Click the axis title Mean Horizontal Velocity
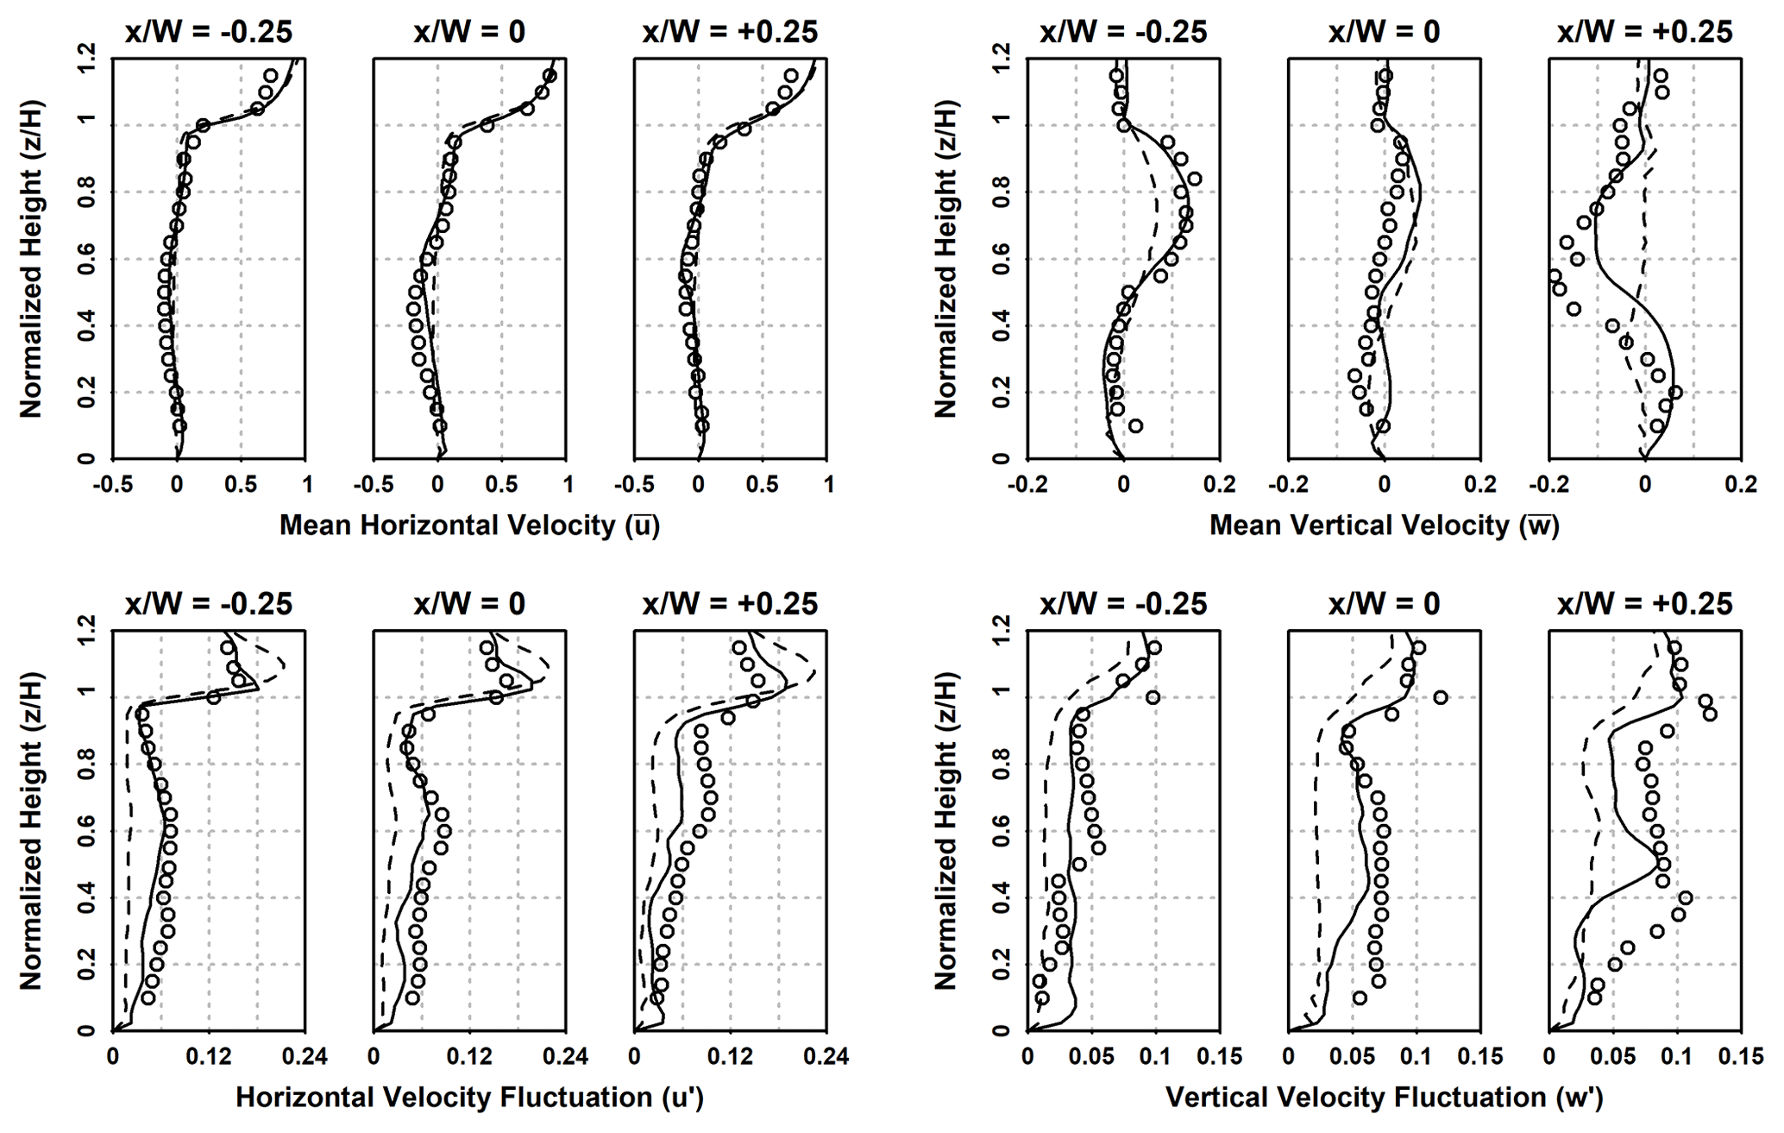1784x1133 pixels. point(469,526)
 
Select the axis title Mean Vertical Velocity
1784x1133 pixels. point(1384,526)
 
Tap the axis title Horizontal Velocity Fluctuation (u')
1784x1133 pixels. point(469,1098)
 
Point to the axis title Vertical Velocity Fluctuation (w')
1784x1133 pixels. point(1384,1098)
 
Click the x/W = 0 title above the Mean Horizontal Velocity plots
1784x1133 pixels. point(469,32)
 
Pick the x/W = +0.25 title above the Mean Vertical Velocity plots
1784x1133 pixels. point(1644,32)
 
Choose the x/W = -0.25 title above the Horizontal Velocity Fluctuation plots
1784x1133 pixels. point(209,604)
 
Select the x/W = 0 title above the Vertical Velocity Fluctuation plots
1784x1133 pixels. point(1384,604)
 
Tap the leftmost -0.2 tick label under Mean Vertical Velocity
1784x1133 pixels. point(1027,485)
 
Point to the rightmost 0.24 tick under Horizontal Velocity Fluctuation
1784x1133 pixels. point(827,1056)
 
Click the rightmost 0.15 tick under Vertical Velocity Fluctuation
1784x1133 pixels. point(1741,1056)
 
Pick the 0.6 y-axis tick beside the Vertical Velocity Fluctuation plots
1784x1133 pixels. point(1002,831)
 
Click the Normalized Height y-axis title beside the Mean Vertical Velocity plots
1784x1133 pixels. point(945,259)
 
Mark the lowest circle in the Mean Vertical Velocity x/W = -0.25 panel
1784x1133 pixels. point(1135,425)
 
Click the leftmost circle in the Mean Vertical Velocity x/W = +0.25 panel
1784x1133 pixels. point(1555,276)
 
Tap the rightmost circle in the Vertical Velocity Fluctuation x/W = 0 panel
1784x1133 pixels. point(1440,697)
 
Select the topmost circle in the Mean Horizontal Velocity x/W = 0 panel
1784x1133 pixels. point(550,75)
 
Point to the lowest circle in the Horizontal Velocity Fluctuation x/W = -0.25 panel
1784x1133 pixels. point(148,998)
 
